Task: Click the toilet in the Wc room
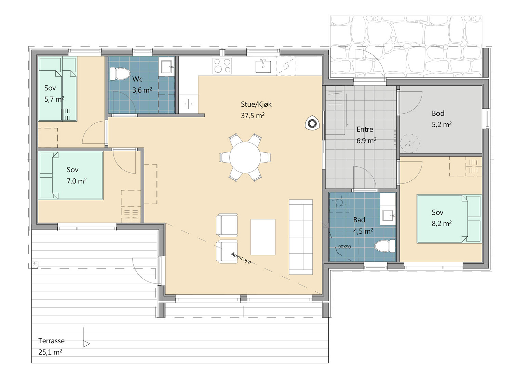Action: (120, 73)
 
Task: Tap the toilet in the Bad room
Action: (384, 246)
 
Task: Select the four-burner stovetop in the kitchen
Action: (222, 66)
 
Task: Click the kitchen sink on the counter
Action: (263, 66)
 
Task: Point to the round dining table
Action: (245, 157)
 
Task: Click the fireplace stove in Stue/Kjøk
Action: (312, 123)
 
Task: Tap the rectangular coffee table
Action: (263, 237)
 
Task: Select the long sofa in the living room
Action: (301, 237)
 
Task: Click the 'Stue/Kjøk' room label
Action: (256, 104)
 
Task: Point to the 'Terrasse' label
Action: (51, 341)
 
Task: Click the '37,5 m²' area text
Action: (253, 115)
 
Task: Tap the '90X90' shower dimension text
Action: (344, 247)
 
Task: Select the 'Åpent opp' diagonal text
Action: (241, 258)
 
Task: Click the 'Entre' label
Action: (365, 129)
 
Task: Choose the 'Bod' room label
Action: (438, 113)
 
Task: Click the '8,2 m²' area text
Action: (442, 223)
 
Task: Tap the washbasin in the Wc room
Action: (166, 67)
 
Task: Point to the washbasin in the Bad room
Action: (388, 216)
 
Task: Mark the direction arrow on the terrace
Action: (86, 344)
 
